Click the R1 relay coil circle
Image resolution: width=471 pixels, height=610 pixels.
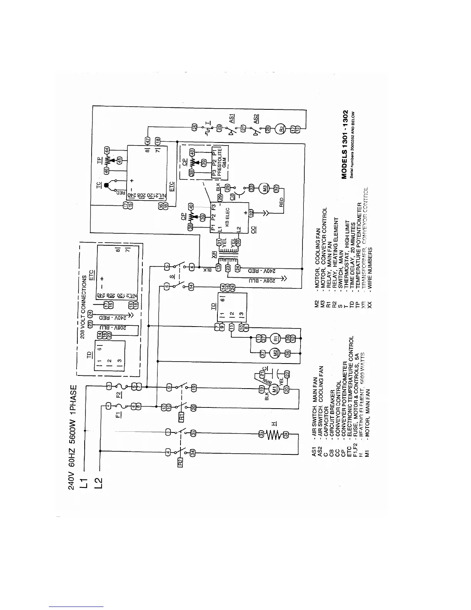click(274, 339)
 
